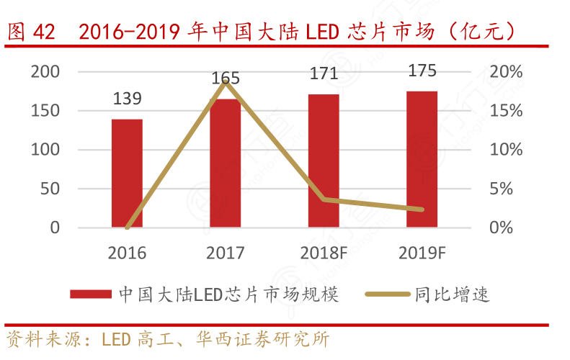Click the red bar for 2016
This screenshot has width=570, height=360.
pos(127,174)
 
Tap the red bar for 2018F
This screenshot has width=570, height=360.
pos(324,161)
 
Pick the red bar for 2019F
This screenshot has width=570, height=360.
pos(422,160)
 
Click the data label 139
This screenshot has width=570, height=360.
pos(127,99)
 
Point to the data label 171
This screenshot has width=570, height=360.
pos(324,73)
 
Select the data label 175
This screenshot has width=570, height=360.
pos(422,71)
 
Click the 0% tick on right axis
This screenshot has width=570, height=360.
pos(502,228)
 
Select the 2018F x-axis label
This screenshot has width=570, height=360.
pos(324,253)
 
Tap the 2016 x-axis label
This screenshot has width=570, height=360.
pos(127,253)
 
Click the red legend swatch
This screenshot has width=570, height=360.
pos(90,294)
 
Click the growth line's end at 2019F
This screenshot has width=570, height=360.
pos(422,210)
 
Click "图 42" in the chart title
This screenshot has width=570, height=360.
pos(30,32)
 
